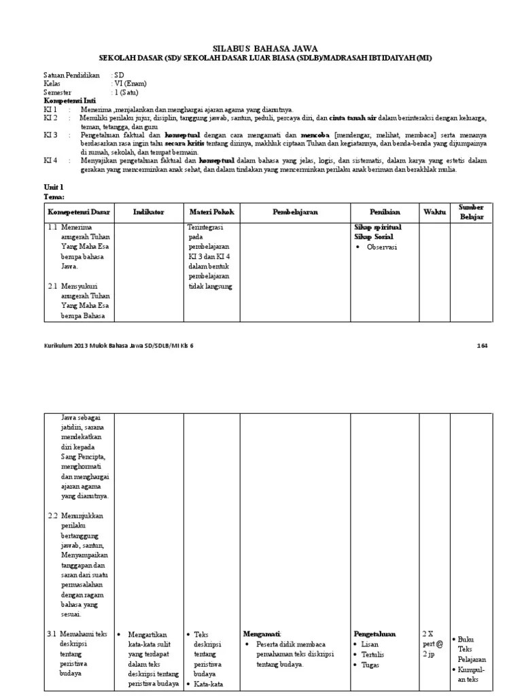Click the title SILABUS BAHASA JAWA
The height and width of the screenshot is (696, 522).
260,48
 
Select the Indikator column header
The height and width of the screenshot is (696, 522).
150,213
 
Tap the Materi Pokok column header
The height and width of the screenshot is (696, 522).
211,213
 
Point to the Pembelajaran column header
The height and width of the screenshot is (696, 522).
295,213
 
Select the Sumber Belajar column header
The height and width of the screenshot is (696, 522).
470,212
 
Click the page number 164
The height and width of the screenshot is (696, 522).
482,346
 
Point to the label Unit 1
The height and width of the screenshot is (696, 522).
52,186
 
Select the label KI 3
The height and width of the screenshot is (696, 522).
51,135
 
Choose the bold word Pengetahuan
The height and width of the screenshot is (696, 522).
375,633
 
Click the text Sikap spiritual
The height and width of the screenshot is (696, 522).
378,226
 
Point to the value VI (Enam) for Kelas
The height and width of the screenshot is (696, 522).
130,84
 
